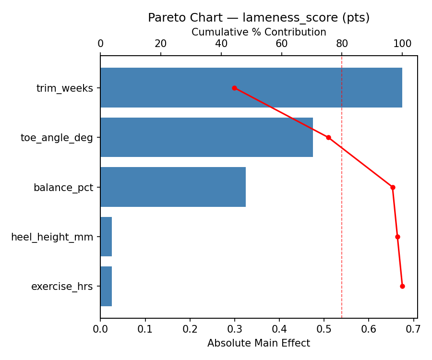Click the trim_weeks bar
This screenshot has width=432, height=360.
pos(251,88)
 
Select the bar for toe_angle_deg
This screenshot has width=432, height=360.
pos(206,137)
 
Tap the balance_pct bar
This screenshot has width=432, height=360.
pos(173,187)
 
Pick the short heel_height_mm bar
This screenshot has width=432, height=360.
pos(106,237)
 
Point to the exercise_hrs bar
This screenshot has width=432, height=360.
pos(106,286)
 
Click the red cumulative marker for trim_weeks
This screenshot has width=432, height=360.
pos(234,88)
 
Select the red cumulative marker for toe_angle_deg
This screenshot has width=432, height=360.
pos(328,137)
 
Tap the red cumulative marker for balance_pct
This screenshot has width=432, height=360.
pos(393,187)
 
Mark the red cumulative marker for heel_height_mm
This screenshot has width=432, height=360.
pos(397,237)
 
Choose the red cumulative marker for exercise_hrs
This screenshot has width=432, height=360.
pos(402,286)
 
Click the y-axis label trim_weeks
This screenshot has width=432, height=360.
pos(65,88)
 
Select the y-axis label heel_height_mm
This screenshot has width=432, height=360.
pos(52,237)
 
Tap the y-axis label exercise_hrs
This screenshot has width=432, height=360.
pos(62,287)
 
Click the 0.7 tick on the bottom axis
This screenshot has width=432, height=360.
pos(413,329)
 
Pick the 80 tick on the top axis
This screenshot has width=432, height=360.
pos(342,44)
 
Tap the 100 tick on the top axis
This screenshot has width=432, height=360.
pos(402,44)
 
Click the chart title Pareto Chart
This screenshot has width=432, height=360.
pos(259,18)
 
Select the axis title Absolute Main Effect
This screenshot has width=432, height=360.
pos(259,343)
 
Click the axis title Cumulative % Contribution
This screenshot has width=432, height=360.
pos(259,32)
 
